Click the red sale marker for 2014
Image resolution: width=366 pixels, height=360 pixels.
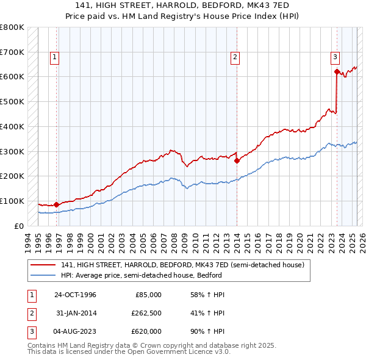pos(237,161)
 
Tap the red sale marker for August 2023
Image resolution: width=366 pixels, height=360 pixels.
pos(336,72)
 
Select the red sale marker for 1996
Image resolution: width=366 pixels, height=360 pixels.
pos(56,205)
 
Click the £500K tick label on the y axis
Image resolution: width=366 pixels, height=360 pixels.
pos(12,102)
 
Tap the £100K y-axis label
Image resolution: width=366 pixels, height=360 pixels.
pos(12,201)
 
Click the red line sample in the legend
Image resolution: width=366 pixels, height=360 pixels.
pos(43,265)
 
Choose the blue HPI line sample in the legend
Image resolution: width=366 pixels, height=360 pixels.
pos(43,275)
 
